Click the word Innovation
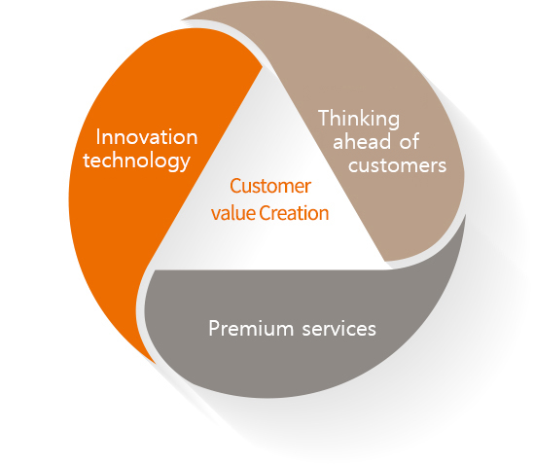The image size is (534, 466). tap(147, 137)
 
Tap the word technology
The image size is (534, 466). tap(137, 161)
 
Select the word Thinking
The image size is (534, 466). tap(359, 120)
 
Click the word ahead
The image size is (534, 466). tap(362, 141)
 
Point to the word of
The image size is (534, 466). tap(409, 141)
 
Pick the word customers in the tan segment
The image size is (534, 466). tap(397, 165)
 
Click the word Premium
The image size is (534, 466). tap(251, 329)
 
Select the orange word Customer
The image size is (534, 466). tap(270, 186)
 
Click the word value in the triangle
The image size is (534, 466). tap(233, 213)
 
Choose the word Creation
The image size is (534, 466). tap(294, 213)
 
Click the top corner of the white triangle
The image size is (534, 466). tap(263, 66)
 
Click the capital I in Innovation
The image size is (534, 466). tap(98, 137)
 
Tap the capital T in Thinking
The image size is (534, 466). tap(324, 118)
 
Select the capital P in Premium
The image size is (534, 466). tap(214, 329)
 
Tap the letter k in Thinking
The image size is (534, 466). tap(375, 118)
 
